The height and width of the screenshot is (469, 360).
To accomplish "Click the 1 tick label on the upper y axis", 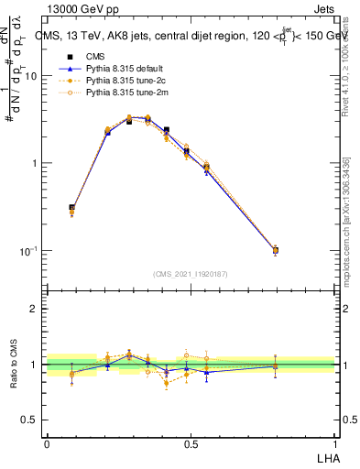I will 36,164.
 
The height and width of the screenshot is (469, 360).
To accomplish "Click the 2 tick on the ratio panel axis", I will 36,310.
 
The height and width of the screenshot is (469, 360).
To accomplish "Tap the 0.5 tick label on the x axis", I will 191,444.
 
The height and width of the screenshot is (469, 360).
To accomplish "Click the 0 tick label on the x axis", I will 47,444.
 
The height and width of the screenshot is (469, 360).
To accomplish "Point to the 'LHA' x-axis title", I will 324,458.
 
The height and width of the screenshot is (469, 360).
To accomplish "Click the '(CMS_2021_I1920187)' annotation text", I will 191,273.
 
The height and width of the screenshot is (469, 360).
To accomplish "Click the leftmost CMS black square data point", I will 72,208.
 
